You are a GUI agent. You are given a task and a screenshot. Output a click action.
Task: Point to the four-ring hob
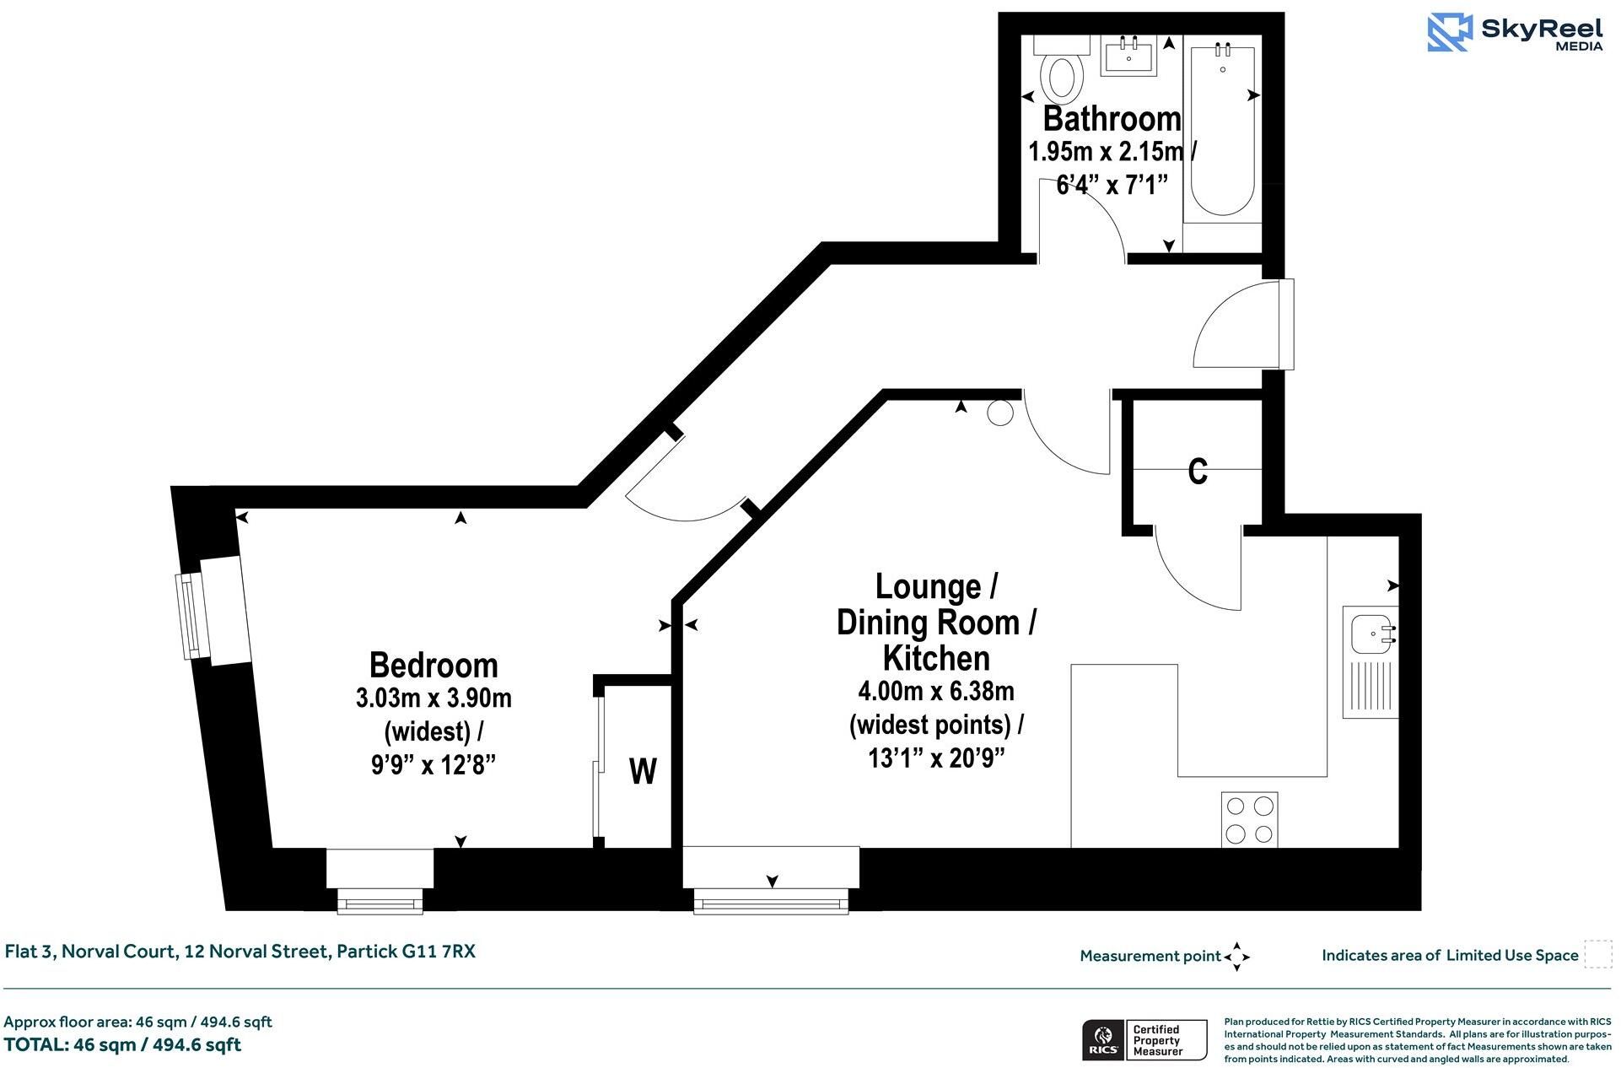coord(1249,819)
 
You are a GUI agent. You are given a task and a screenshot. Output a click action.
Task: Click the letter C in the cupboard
coord(1198,472)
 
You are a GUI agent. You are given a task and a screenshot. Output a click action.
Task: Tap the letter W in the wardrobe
coord(643,771)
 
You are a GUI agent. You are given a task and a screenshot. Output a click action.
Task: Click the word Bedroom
coord(434,666)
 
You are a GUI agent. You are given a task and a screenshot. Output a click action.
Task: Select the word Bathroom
coord(1112,119)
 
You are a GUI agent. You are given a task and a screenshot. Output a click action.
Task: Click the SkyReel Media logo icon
coord(1449,32)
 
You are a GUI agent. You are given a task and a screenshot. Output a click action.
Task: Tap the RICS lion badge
coord(1101,1040)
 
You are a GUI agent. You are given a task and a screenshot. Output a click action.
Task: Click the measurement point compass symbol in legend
coord(1236,957)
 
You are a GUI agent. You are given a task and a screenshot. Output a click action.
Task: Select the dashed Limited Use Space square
coord(1597,954)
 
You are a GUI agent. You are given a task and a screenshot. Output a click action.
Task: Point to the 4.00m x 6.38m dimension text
coord(936,692)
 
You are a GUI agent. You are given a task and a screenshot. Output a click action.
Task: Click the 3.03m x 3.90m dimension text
coord(434,699)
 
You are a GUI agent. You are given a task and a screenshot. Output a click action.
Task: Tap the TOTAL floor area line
coord(122,1044)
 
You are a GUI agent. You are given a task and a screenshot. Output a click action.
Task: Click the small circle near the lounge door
coord(1000,413)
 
